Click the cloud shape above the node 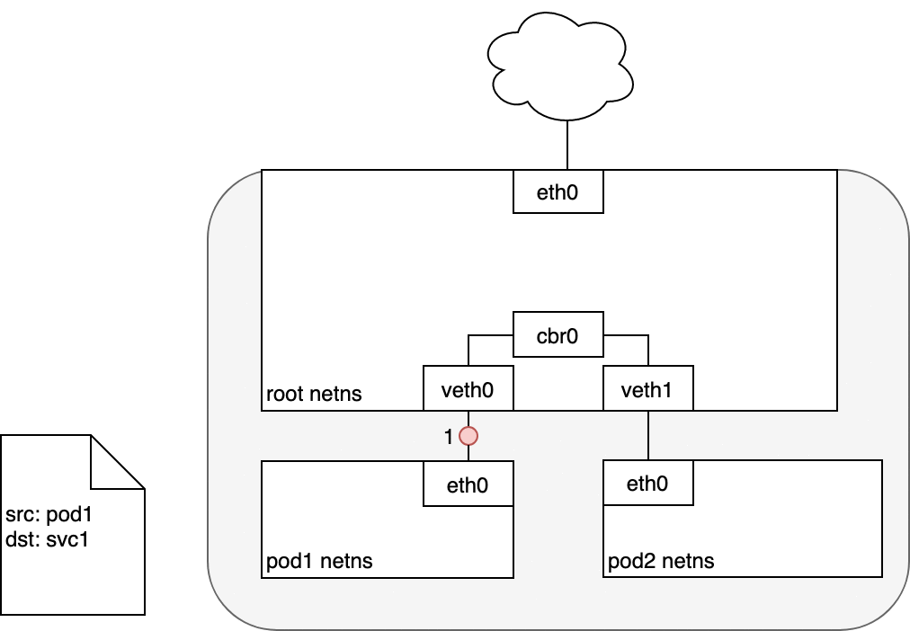click(560, 67)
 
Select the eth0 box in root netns click(558, 191)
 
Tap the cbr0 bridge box click(558, 334)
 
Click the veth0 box click(468, 388)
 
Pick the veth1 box click(648, 388)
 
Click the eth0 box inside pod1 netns click(468, 484)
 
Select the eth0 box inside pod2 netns click(648, 483)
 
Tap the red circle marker click(468, 436)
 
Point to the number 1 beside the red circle click(448, 437)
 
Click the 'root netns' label click(314, 394)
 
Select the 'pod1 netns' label click(319, 561)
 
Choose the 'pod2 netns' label click(661, 561)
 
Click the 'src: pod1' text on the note click(49, 514)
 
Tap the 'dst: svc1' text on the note click(47, 539)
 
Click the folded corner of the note click(117, 462)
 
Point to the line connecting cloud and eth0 click(567, 145)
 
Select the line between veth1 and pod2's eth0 click(648, 435)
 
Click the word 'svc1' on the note click(67, 539)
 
